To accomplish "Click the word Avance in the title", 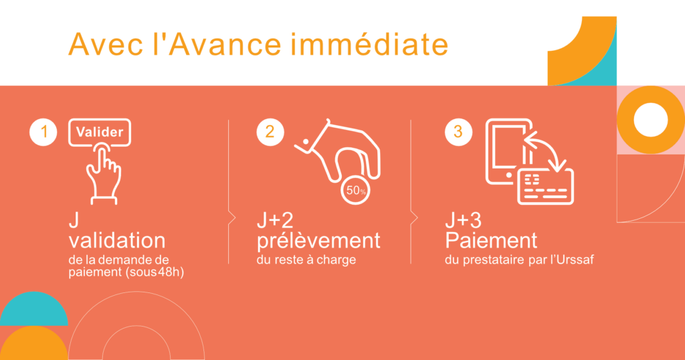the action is [x=225, y=44].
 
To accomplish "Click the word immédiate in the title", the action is [x=369, y=44].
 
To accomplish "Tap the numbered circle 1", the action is [x=43, y=132].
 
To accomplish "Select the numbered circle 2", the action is [x=270, y=132].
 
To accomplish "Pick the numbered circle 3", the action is [x=458, y=132].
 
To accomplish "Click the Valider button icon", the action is [x=100, y=132].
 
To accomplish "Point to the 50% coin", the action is [x=356, y=190].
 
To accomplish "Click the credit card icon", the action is [x=545, y=187].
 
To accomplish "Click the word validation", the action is [x=117, y=241].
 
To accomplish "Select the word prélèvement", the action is [x=318, y=241].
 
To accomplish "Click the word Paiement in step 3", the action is [x=491, y=241].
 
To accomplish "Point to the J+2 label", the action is [x=275, y=220].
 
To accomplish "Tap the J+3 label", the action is [x=463, y=220].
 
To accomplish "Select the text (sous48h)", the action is [x=155, y=272].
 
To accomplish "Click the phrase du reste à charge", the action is [x=306, y=260].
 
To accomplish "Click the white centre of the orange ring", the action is [x=650, y=120].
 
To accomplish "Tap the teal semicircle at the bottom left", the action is [x=33, y=308].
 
